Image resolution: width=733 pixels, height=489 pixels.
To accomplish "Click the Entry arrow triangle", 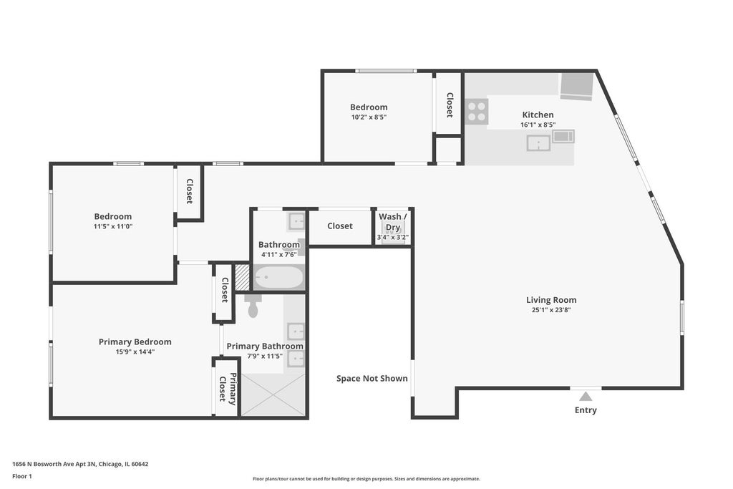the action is pos(586,397).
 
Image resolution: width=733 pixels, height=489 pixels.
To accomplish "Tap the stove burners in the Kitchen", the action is pos(477,111).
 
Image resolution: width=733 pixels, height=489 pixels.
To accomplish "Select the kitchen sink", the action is pos(538,143).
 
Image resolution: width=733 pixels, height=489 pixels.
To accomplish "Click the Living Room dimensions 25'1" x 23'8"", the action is pos(551,310).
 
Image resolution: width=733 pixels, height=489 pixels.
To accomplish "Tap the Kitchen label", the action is pos(538,115).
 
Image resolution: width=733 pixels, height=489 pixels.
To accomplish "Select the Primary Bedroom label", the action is pos(135,342).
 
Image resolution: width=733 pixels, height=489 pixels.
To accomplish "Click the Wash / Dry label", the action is pos(393,222).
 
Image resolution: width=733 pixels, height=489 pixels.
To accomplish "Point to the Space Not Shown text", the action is pos(372,379).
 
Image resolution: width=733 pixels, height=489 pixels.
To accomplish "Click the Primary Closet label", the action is pos(228,388).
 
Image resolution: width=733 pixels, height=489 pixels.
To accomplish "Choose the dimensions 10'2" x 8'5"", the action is pos(369,117).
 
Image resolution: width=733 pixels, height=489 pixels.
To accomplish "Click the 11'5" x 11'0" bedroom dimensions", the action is pos(112,227).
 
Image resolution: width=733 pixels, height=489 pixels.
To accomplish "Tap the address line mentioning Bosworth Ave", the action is pos(80,464).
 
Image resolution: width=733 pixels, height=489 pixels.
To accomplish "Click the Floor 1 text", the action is pos(22,476).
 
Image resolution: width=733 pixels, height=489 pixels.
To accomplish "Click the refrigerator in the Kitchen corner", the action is pos(577,87).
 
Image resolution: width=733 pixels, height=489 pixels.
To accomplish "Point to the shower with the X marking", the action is pos(273,395).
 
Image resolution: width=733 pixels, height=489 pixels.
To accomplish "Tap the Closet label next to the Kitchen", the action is pos(450,105).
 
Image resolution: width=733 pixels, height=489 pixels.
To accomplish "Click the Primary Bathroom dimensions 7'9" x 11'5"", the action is pos(265,357).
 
